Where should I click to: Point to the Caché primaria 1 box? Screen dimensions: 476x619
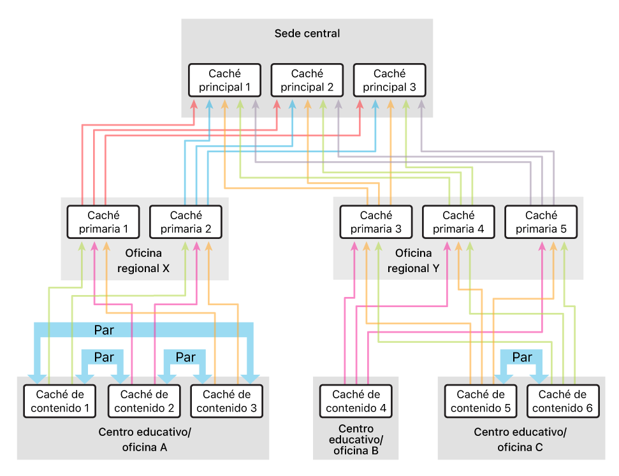click(x=103, y=222)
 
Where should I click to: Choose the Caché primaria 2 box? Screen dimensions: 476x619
click(x=186, y=222)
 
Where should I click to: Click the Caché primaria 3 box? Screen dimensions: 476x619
click(x=376, y=222)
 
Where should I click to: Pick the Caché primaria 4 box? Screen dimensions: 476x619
click(x=458, y=222)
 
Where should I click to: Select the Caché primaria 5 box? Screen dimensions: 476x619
click(x=541, y=222)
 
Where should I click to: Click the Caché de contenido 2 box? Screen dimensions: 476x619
click(x=143, y=401)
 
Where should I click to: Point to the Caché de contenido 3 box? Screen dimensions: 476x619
click(x=226, y=401)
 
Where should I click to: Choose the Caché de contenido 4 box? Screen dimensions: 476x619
click(x=356, y=401)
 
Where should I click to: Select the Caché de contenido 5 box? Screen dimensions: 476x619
click(x=480, y=401)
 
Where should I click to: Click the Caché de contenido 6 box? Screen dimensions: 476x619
click(x=564, y=401)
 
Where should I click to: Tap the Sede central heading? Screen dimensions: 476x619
click(x=307, y=33)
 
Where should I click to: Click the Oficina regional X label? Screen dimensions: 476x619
click(x=144, y=261)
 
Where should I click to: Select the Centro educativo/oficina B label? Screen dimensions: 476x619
click(x=356, y=440)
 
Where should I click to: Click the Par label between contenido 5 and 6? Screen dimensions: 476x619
click(x=521, y=357)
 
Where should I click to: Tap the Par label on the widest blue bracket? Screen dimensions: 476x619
click(x=105, y=331)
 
